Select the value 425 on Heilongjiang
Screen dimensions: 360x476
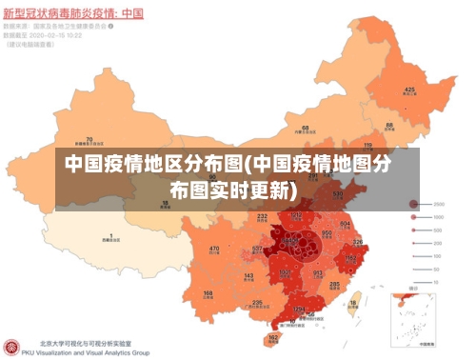pyautogui.click(x=409, y=90)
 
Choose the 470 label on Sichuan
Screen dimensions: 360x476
pyautogui.click(x=214, y=249)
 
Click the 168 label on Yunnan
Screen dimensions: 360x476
pyautogui.click(x=208, y=293)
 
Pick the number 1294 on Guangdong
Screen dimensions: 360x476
pyautogui.click(x=299, y=309)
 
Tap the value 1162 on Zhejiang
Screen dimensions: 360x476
pyautogui.click(x=350, y=257)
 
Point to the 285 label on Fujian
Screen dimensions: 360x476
pyautogui.click(x=334, y=284)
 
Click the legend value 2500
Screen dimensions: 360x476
pyautogui.click(x=440, y=205)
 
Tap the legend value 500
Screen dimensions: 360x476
pyautogui.click(x=439, y=231)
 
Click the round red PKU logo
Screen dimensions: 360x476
pyautogui.click(x=11, y=348)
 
